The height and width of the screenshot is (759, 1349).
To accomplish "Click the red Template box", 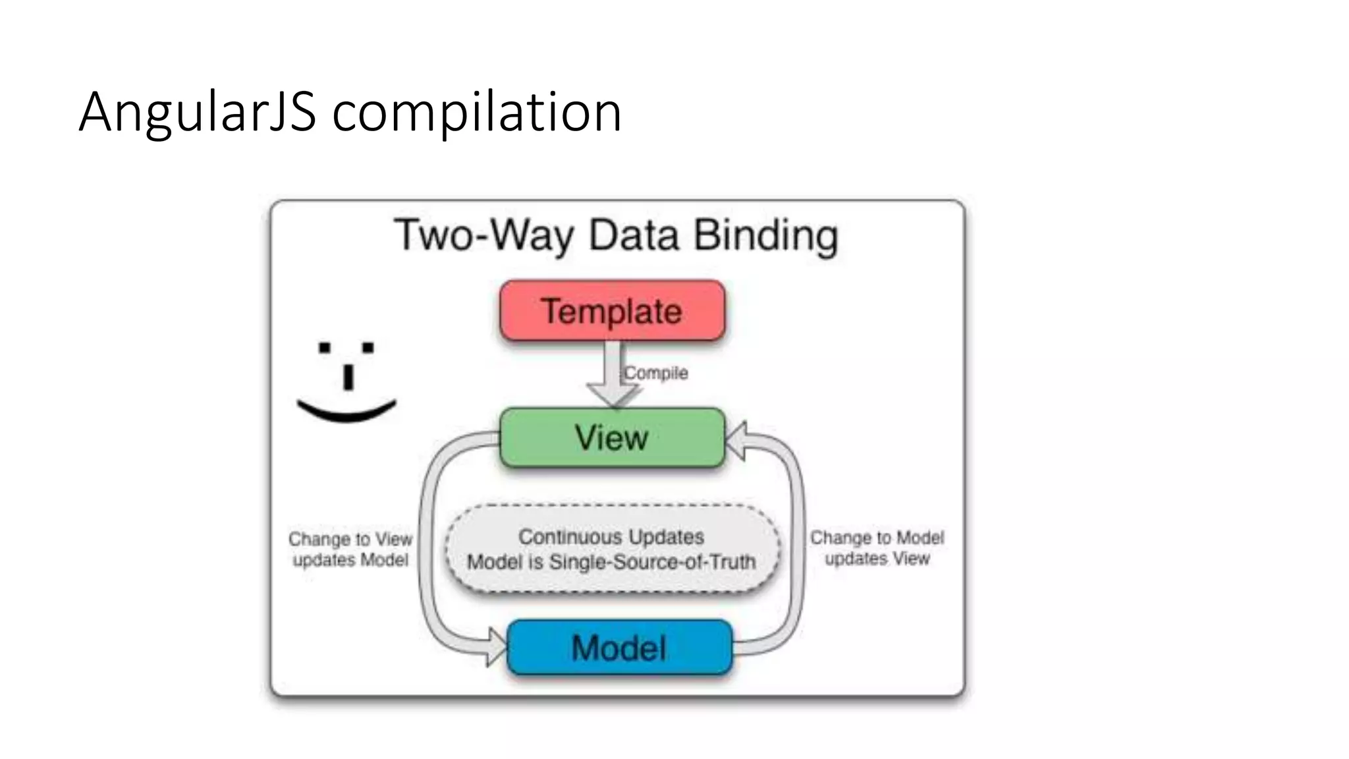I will [x=612, y=311].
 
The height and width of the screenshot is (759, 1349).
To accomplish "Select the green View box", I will [x=612, y=437].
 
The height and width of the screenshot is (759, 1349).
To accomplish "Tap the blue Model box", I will [x=619, y=648].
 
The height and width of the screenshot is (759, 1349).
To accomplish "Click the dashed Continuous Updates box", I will [x=612, y=549].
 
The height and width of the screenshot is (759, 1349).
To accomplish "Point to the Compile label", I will [x=656, y=373].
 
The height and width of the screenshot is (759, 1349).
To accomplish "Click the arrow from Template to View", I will [x=613, y=376].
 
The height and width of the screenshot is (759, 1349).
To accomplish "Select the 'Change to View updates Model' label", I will [x=350, y=549].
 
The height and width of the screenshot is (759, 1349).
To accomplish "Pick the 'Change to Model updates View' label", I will [x=877, y=548].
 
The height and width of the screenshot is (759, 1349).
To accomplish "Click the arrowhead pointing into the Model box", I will [x=496, y=646].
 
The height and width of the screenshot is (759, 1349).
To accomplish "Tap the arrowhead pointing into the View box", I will [x=736, y=440].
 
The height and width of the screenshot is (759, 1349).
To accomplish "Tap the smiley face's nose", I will [x=348, y=377].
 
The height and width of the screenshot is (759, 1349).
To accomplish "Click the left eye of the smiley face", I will [x=325, y=347].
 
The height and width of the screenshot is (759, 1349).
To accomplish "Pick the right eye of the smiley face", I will [x=368, y=347].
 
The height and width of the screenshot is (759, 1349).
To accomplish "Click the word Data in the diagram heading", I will [x=634, y=235].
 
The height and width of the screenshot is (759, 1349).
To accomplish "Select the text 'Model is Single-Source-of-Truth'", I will [x=611, y=562].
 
